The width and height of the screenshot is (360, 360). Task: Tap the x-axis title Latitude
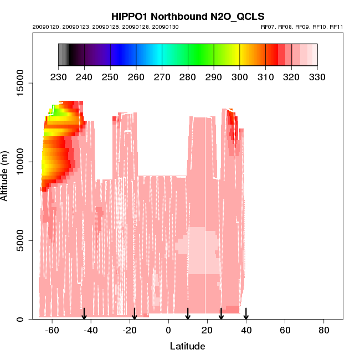click(187, 346)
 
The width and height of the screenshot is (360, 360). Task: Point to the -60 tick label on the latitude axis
click(52, 330)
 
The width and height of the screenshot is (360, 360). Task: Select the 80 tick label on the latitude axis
click(324, 330)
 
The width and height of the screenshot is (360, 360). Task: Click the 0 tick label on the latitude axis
click(168, 330)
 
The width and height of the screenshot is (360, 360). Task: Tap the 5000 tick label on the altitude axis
click(17, 240)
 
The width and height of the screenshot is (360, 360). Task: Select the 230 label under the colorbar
click(59, 76)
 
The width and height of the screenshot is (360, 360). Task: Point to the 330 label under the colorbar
click(317, 76)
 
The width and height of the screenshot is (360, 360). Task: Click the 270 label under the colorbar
click(162, 76)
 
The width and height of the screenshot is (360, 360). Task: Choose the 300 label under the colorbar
click(240, 76)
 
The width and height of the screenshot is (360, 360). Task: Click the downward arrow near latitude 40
click(246, 314)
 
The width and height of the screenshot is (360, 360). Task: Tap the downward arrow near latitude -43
click(84, 314)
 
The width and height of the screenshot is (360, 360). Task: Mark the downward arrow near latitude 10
click(188, 314)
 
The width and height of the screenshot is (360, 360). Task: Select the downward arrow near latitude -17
click(135, 314)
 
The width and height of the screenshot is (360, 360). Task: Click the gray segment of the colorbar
click(63, 55)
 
